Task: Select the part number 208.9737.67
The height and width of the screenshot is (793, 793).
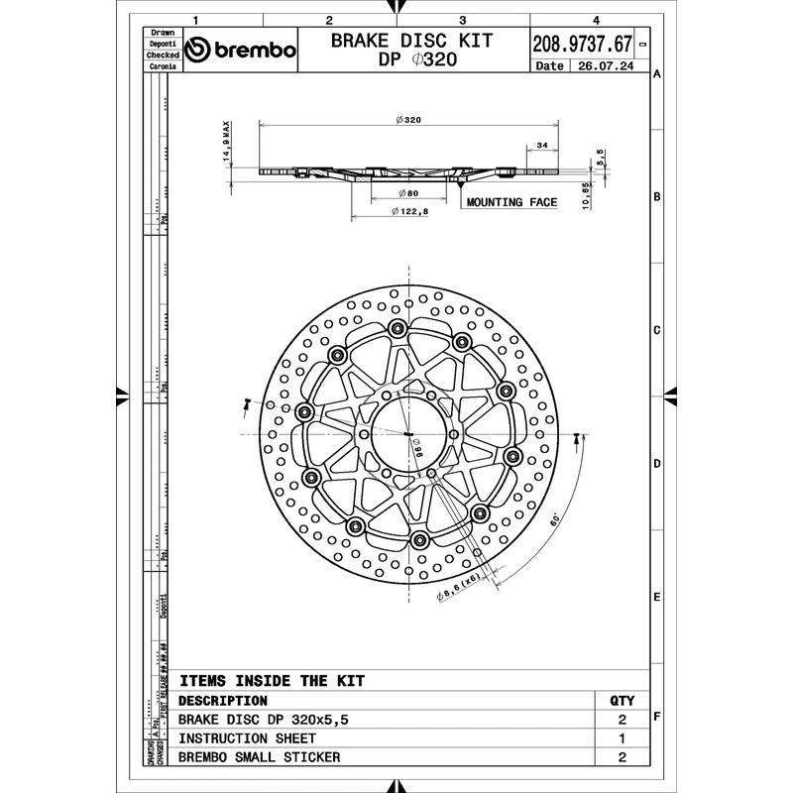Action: (582, 45)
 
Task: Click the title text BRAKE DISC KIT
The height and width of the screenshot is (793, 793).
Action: (412, 42)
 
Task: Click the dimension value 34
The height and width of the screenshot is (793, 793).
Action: (541, 146)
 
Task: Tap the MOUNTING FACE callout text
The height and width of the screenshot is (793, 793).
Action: (511, 202)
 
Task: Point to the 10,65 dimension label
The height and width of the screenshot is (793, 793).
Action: (587, 194)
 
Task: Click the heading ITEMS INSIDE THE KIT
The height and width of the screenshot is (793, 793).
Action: (271, 681)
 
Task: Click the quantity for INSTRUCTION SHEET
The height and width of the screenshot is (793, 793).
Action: (622, 738)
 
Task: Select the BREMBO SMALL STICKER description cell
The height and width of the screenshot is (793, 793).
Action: (259, 757)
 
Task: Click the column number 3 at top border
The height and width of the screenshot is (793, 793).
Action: (463, 19)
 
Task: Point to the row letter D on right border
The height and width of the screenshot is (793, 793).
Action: (657, 463)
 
